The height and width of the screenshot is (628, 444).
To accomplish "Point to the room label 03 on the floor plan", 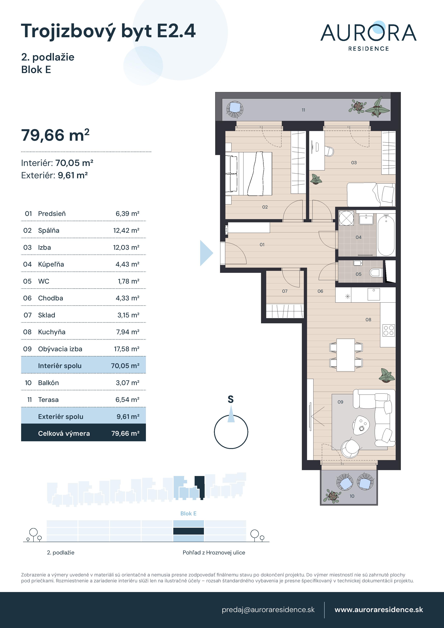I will [x=354, y=163].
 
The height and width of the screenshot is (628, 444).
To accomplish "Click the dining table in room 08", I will [x=346, y=355].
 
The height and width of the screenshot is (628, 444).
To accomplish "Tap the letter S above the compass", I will [x=231, y=399].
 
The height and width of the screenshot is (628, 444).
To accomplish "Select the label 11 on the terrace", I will [x=303, y=110].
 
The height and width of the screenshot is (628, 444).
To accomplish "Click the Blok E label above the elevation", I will [x=188, y=513].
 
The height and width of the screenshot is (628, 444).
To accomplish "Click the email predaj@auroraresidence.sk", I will [x=268, y=610].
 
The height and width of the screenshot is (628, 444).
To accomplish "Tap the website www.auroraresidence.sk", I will [x=379, y=610].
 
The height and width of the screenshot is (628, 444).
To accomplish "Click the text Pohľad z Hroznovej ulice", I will [x=214, y=552].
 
